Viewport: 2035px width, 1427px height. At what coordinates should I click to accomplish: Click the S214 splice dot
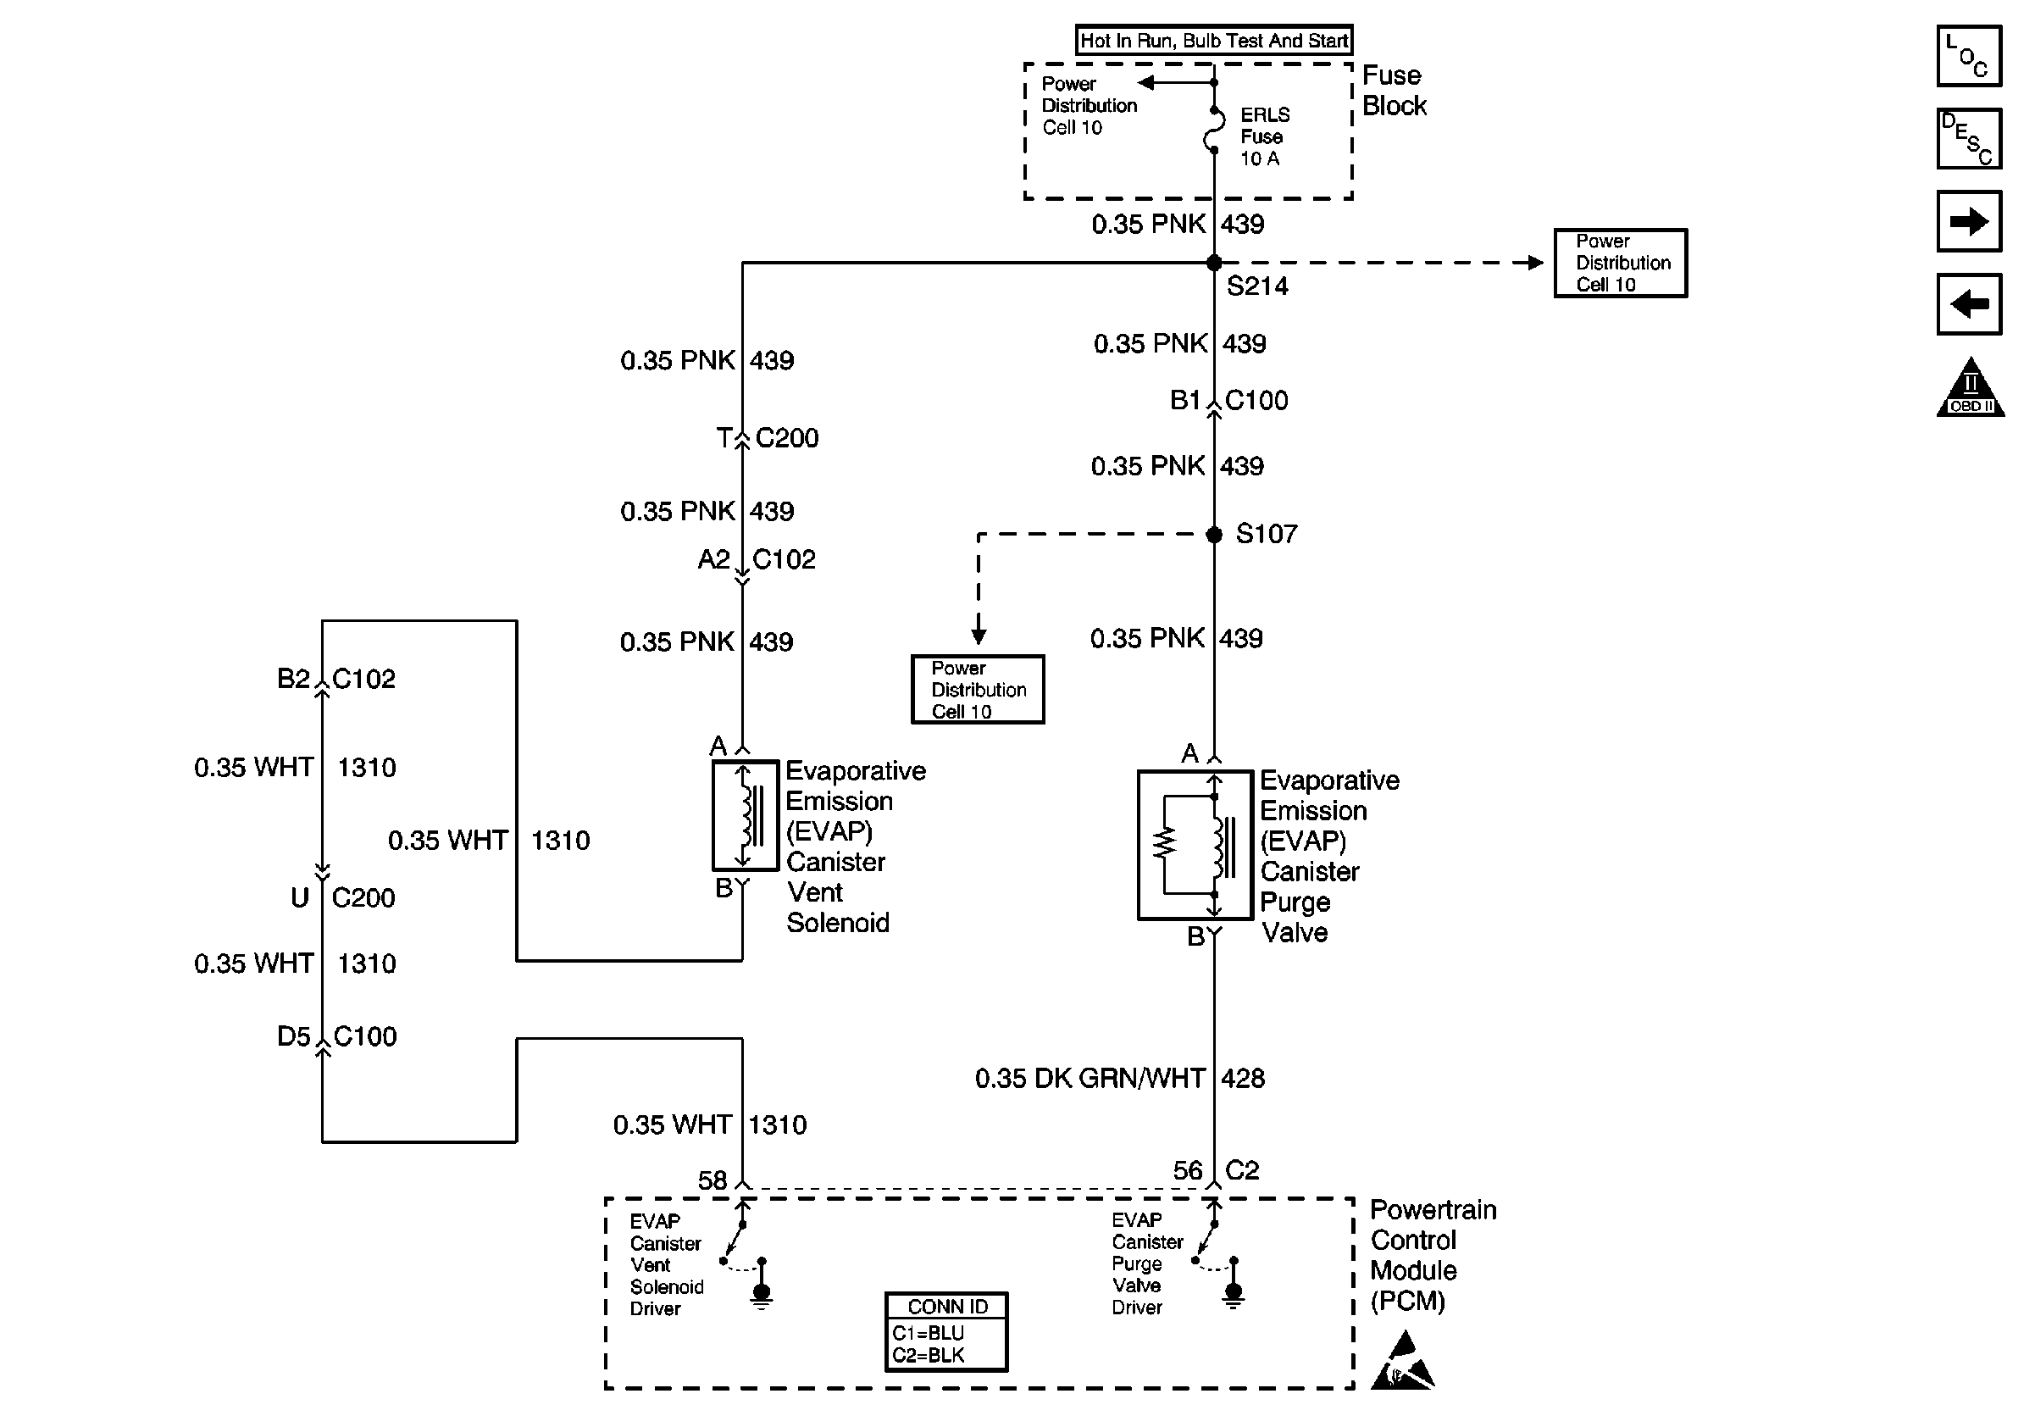pos(1214,263)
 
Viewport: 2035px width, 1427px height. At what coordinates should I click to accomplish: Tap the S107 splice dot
pos(1214,535)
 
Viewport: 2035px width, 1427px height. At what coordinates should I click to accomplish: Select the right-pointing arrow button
pos(1969,221)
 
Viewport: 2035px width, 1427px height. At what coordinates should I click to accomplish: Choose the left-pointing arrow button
pos(1969,304)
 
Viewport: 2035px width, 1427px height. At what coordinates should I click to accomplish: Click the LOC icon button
pos(1969,57)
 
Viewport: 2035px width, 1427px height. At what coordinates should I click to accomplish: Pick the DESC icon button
pos(1969,138)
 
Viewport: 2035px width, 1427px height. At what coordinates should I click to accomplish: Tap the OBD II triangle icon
pos(1971,386)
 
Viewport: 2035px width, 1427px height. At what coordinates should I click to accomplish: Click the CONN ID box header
pos(946,1307)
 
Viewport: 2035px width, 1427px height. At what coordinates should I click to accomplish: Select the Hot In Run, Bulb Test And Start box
pos(1214,40)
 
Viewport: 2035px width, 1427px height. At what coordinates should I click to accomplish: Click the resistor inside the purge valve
pos(1164,844)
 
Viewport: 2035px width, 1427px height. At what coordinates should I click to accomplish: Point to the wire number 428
pos(1243,1079)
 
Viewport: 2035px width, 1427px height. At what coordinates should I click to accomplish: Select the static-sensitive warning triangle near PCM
pos(1403,1361)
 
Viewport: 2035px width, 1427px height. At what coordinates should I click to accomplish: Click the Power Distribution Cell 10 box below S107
pos(978,690)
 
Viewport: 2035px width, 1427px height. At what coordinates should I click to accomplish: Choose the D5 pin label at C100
pos(293,1036)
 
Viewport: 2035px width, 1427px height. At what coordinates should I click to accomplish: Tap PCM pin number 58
pos(712,1180)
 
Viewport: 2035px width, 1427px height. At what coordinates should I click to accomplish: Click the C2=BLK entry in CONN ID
pos(928,1355)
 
